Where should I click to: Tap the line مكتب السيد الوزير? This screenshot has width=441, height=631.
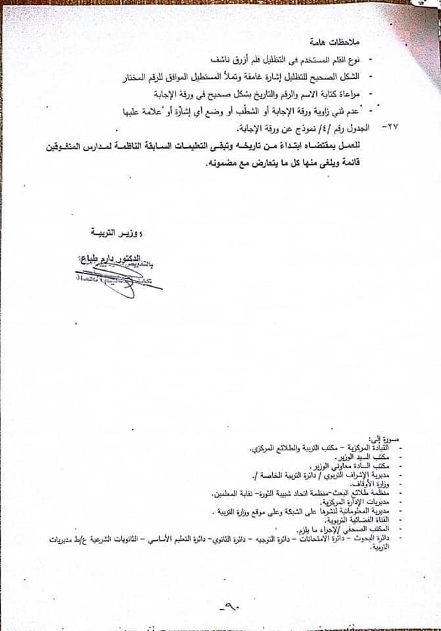coord(355,456)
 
